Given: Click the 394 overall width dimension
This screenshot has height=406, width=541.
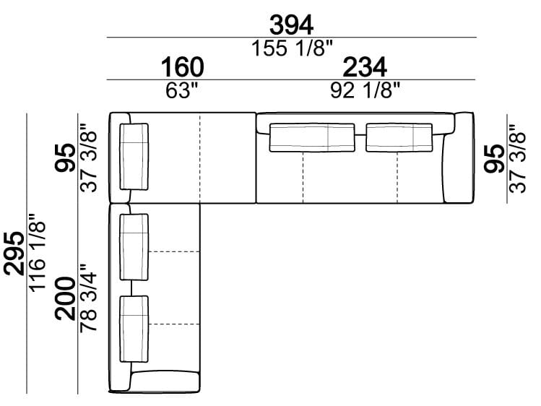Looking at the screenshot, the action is [291, 25].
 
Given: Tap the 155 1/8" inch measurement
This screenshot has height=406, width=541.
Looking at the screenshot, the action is [292, 48].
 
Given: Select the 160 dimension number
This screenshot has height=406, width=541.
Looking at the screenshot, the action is [182, 67].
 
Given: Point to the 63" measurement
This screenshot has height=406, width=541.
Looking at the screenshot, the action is [182, 90].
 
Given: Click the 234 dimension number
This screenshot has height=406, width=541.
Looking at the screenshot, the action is [365, 67].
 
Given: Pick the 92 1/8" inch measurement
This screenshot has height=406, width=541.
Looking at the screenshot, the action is [365, 90].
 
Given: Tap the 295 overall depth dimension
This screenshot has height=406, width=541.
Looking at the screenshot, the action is [14, 254].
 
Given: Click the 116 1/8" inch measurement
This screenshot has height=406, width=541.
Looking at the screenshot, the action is [38, 253].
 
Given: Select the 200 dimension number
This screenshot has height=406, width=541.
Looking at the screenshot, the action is [65, 299].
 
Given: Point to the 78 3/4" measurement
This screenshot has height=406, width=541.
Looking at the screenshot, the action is [88, 299].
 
